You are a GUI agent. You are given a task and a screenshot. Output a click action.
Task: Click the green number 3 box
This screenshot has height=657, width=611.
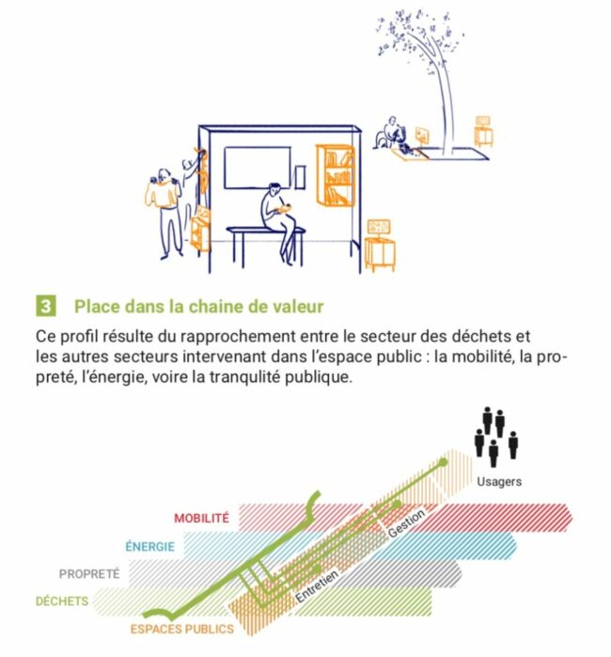46,306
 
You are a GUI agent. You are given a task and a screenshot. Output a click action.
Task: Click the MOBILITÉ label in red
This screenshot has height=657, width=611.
202,518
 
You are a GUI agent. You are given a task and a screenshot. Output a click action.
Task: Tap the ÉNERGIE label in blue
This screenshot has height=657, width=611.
150,546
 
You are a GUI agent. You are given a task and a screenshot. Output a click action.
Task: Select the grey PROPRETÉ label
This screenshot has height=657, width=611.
89,573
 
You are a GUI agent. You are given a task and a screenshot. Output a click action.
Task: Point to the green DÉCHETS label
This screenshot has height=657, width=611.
62,601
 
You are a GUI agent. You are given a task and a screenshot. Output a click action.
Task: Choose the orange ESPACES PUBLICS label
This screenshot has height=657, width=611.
182,629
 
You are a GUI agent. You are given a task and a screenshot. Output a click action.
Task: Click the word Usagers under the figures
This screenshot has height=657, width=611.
499,481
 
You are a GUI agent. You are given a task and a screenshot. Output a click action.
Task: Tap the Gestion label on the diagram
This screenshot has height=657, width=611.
406,523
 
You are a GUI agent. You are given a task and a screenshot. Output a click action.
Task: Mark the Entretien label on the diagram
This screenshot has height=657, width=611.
317,585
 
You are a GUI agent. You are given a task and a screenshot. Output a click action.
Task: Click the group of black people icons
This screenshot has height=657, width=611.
496,436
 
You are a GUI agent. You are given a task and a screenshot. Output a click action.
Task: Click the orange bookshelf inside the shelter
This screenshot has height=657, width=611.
336,175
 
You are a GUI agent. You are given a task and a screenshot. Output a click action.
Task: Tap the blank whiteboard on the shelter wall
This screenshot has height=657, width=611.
258,168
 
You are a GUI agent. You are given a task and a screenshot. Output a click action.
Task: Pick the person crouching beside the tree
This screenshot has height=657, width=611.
391,134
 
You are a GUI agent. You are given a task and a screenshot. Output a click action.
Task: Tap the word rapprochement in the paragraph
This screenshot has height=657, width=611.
239,337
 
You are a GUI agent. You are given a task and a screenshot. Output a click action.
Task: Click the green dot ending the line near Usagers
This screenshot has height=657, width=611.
443,462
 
